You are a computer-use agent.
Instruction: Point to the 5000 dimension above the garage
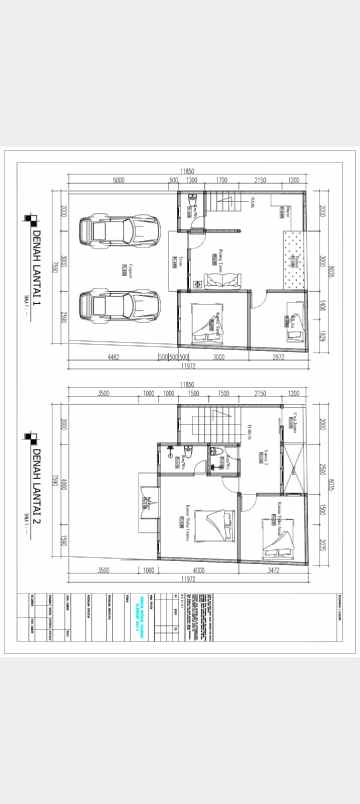118,180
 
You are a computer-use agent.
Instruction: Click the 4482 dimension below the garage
112,355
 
